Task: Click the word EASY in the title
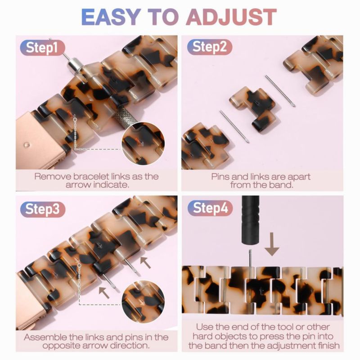(x=111, y=17)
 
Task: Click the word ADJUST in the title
(x=231, y=17)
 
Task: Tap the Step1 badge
(x=42, y=48)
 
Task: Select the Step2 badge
(x=209, y=47)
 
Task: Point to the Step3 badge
(x=43, y=209)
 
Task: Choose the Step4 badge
(x=210, y=208)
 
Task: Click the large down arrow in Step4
(x=272, y=244)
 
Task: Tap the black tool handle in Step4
(x=250, y=220)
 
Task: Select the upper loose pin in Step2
(x=280, y=91)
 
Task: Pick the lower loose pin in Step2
(x=234, y=126)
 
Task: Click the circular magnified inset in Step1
(x=143, y=144)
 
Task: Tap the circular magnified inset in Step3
(x=143, y=301)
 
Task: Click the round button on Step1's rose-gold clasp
(x=27, y=145)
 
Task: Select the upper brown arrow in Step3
(x=145, y=262)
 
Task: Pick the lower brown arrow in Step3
(x=104, y=292)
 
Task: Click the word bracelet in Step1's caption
(x=91, y=176)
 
